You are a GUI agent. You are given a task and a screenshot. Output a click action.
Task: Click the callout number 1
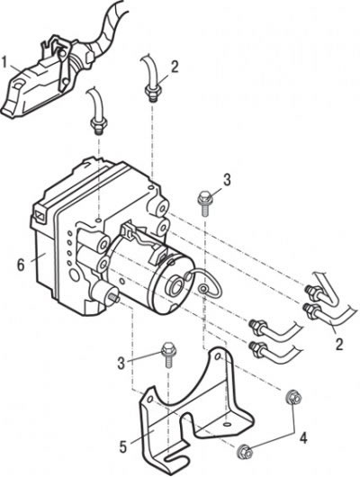click(4, 62)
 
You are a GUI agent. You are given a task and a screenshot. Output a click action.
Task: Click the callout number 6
click(21, 265)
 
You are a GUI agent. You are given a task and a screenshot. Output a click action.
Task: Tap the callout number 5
click(123, 447)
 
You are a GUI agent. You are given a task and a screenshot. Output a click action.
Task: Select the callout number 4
click(302, 438)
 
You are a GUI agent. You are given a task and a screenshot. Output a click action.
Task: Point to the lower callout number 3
click(121, 363)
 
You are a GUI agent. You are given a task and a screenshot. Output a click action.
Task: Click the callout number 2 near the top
click(175, 67)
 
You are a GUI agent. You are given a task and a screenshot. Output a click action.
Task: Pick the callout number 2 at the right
click(338, 344)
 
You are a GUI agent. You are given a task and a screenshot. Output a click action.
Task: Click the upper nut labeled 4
click(293, 398)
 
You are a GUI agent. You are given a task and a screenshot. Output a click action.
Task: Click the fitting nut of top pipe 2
click(153, 90)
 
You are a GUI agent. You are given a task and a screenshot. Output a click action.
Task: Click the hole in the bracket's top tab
click(218, 356)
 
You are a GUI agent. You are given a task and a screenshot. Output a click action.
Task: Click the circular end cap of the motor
click(175, 284)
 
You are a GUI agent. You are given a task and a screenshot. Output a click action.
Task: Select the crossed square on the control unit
click(40, 213)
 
